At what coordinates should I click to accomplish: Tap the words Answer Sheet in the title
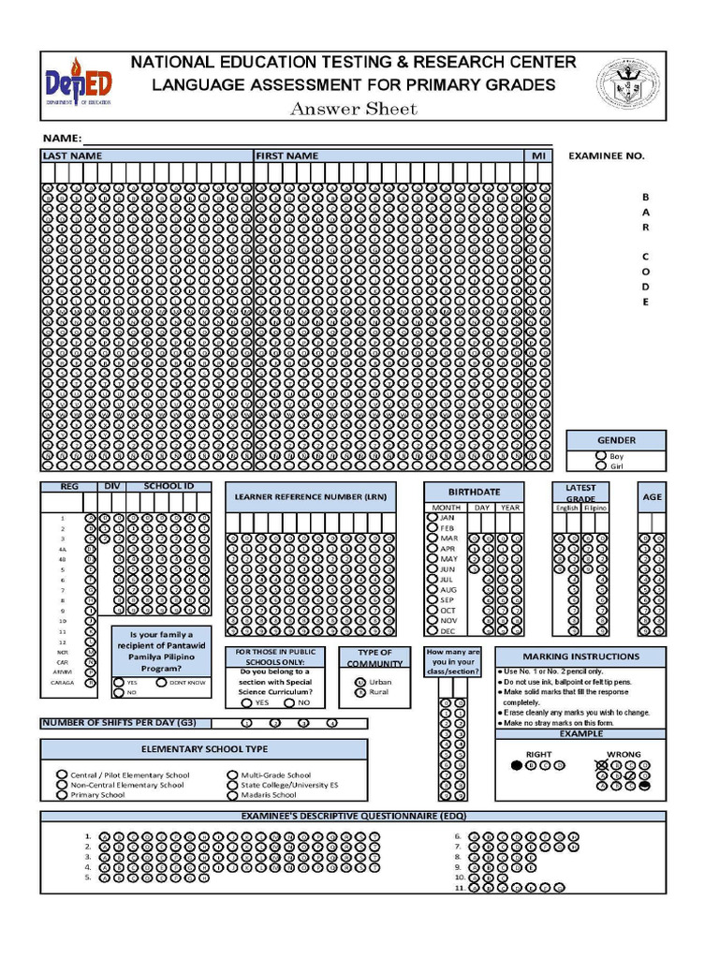point(354,110)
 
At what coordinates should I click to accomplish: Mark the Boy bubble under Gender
point(601,456)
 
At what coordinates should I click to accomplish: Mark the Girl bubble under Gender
point(601,465)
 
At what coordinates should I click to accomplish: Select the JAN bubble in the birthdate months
point(432,516)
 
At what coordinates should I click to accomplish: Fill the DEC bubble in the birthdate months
point(432,631)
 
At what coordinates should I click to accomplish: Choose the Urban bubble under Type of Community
point(360,682)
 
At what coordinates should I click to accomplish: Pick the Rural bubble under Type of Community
point(360,692)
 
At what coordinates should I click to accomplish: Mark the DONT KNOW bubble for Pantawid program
point(161,683)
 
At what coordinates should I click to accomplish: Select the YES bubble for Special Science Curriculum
point(246,702)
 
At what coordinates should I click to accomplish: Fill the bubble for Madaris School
point(233,795)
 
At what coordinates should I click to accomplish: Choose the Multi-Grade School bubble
point(233,775)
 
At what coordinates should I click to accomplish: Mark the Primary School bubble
point(63,795)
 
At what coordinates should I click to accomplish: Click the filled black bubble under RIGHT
point(517,765)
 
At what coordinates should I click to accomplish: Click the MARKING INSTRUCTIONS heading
point(580,657)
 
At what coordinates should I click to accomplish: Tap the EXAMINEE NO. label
point(606,156)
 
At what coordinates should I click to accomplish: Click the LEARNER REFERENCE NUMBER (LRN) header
point(310,495)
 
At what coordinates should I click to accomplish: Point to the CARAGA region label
point(63,683)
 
